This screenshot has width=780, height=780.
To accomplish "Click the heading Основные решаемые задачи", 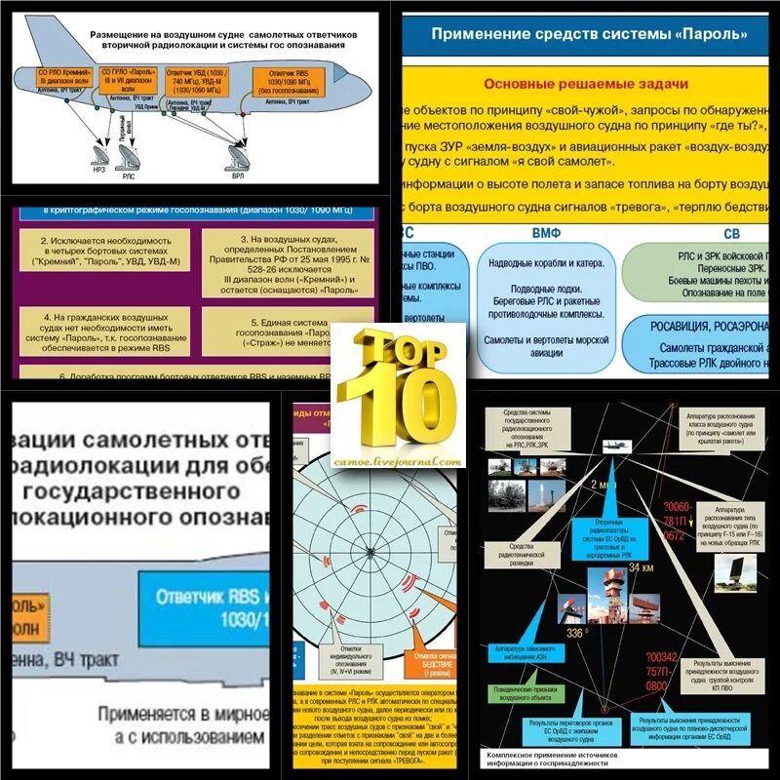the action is click(586, 84).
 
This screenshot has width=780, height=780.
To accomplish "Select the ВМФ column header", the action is click(545, 234).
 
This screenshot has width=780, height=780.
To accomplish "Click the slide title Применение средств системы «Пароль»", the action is click(589, 35).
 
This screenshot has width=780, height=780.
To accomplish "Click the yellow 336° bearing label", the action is click(576, 633).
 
